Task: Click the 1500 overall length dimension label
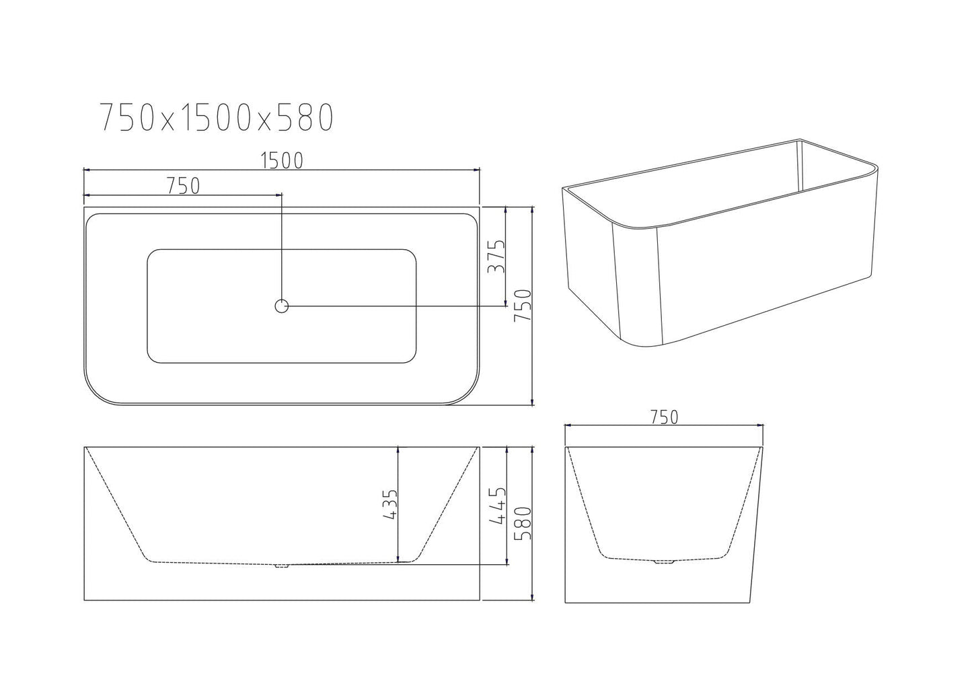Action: click(x=282, y=160)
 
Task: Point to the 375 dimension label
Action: click(x=494, y=256)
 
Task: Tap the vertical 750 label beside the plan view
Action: click(x=523, y=306)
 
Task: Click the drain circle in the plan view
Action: click(x=281, y=306)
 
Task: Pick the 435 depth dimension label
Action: click(x=389, y=505)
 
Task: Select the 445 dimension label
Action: click(x=497, y=505)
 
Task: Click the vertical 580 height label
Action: click(x=523, y=524)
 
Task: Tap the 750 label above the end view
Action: click(x=664, y=417)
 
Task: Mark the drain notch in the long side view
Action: click(x=281, y=565)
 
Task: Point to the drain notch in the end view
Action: click(x=665, y=561)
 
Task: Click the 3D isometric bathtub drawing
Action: click(x=720, y=242)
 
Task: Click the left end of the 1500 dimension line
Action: click(x=84, y=171)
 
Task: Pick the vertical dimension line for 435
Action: click(x=400, y=505)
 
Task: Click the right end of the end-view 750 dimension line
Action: click(x=764, y=426)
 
